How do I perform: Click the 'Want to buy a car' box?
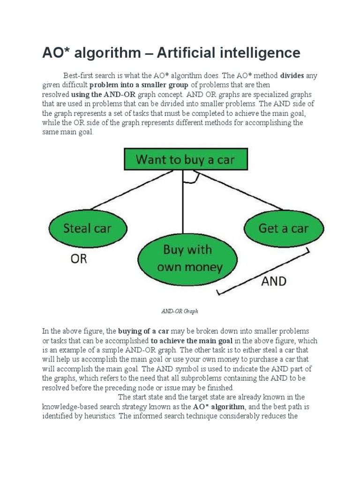tap(185, 159)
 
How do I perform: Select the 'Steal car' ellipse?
tap(88, 229)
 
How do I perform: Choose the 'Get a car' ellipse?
tap(284, 228)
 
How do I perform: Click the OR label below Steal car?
tap(79, 258)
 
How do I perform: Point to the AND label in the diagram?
tap(273, 282)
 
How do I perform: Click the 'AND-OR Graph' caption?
tap(180, 311)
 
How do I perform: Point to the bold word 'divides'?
tap(293, 75)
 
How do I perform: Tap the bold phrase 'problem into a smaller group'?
tap(139, 85)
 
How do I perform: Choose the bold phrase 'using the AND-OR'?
tap(100, 94)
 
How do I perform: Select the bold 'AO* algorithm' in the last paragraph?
tap(219, 406)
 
